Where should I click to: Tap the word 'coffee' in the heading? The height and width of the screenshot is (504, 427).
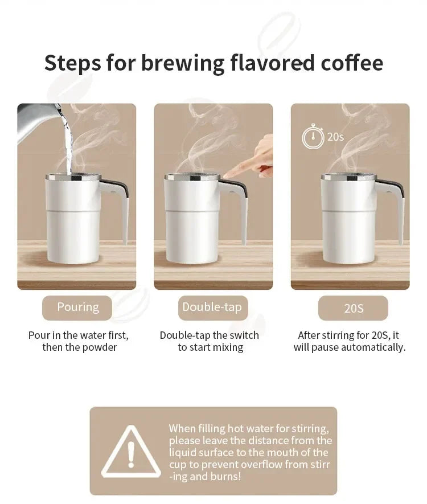click(x=349, y=63)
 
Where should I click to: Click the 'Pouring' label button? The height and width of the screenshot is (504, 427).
click(x=77, y=308)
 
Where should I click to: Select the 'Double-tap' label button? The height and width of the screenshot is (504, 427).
click(x=212, y=308)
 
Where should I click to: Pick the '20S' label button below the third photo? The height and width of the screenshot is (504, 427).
click(x=353, y=309)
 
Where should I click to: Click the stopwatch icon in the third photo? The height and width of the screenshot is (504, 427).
click(x=313, y=137)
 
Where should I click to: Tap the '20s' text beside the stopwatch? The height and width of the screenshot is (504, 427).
click(x=335, y=137)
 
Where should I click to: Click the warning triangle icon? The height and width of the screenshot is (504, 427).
click(x=130, y=453)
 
